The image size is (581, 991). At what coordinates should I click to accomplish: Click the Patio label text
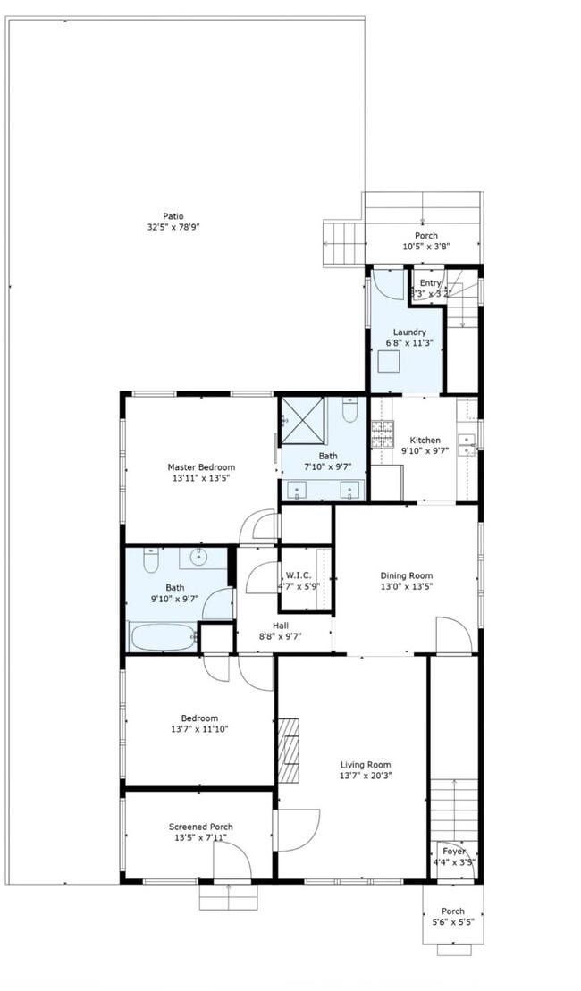point(173,215)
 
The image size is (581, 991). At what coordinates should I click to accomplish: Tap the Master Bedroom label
point(201,466)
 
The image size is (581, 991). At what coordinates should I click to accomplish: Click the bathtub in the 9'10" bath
point(162,637)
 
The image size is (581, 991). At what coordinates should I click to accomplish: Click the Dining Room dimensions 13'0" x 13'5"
point(407,587)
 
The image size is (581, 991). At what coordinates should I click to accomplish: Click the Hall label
point(280,625)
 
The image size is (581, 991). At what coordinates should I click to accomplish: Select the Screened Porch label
point(200,827)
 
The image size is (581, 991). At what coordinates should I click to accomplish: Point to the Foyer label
point(453,852)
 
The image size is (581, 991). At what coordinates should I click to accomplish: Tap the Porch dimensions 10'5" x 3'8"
point(425,247)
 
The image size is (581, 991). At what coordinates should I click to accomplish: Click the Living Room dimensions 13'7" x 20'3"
point(366,776)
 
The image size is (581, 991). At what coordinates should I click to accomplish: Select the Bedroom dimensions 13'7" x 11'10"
point(198,729)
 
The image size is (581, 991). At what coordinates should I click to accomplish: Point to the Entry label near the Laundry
point(431,282)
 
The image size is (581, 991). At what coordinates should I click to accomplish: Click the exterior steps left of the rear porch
point(343,241)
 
